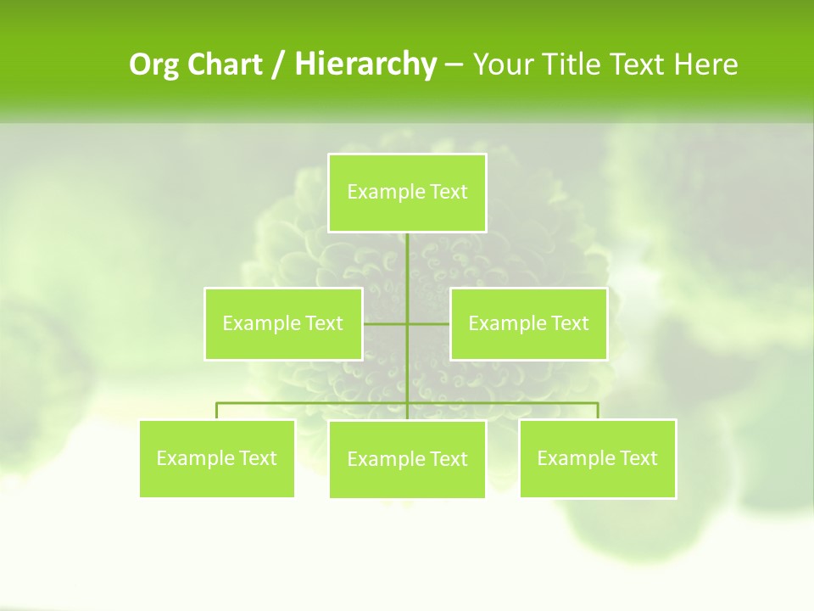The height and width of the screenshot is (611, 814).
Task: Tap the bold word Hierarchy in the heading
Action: pyautogui.click(x=365, y=64)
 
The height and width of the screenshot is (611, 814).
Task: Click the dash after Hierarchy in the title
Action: pyautogui.click(x=454, y=64)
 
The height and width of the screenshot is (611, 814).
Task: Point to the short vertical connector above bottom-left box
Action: pyautogui.click(x=217, y=411)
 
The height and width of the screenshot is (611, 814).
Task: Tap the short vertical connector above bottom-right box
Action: pyautogui.click(x=598, y=411)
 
